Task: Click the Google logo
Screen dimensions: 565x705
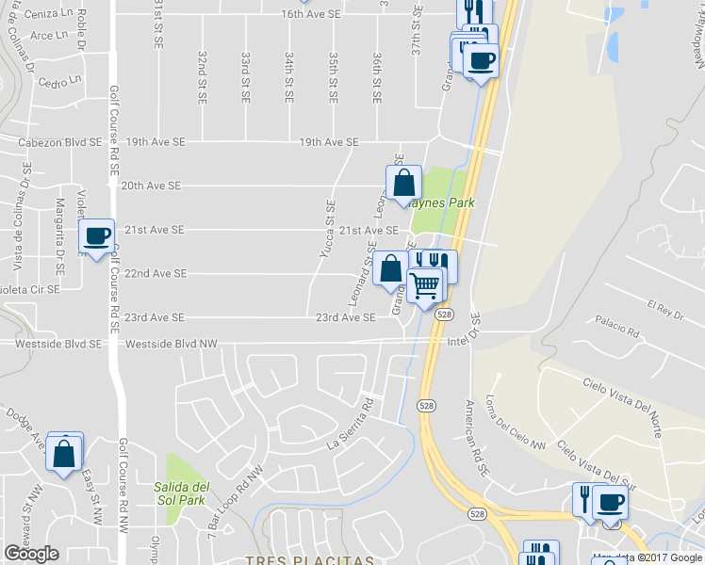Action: point(31,554)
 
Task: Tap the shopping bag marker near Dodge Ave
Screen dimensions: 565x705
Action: point(64,453)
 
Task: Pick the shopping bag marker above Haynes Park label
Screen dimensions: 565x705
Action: point(403,183)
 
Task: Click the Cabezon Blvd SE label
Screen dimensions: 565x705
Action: point(60,142)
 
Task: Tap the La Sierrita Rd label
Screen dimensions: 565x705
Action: point(351,422)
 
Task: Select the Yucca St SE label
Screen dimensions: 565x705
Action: point(328,226)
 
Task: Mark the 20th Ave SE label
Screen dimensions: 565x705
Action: point(151,186)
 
